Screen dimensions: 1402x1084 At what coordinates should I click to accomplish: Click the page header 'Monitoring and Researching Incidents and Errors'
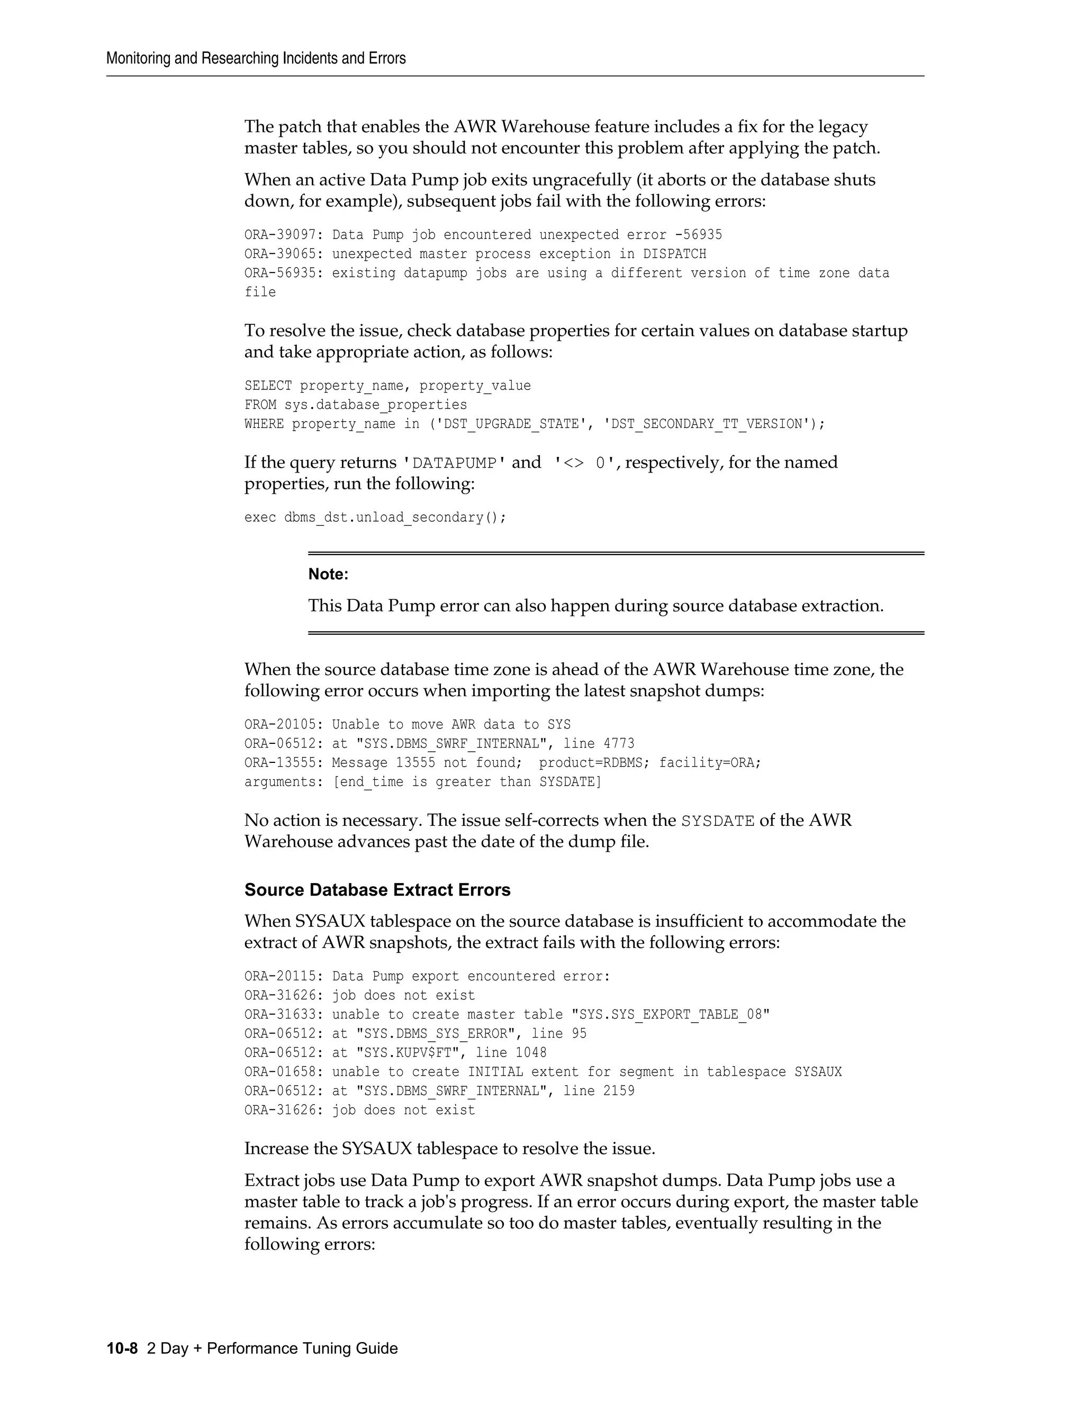pyautogui.click(x=256, y=58)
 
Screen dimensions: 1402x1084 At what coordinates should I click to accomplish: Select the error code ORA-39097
pyautogui.click(x=280, y=235)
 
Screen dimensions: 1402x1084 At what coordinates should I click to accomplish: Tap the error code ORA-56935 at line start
pyautogui.click(x=280, y=274)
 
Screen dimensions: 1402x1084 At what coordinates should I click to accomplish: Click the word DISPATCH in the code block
pyautogui.click(x=674, y=254)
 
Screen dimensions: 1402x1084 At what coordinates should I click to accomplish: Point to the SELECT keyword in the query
pyautogui.click(x=268, y=386)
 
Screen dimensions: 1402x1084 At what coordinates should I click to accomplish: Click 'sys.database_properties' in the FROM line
pyautogui.click(x=376, y=405)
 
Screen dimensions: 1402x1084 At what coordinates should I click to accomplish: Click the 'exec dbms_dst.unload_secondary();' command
pyautogui.click(x=375, y=517)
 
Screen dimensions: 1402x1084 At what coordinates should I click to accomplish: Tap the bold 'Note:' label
pyautogui.click(x=328, y=574)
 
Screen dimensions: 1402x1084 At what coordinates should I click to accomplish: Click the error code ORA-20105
pyautogui.click(x=280, y=725)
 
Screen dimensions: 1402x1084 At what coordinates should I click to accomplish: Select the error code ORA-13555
pyautogui.click(x=280, y=763)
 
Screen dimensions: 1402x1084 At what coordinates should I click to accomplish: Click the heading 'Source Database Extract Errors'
pyautogui.click(x=377, y=890)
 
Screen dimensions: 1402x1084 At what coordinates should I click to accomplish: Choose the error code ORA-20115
pyautogui.click(x=280, y=977)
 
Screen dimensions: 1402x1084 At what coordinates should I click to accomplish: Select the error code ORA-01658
pyautogui.click(x=280, y=1072)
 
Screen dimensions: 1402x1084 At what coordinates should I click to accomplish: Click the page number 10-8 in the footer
pyautogui.click(x=122, y=1348)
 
